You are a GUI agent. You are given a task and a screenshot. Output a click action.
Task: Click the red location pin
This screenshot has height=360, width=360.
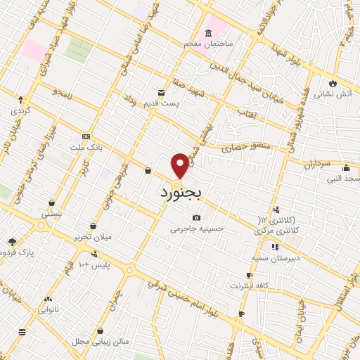[x=181, y=165]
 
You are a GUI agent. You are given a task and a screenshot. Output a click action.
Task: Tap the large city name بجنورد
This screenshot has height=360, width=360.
[x=181, y=191]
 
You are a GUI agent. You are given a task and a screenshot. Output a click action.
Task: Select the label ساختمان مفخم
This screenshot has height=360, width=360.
[x=208, y=44]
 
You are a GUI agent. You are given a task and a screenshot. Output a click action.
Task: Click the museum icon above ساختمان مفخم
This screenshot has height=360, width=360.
[x=208, y=33]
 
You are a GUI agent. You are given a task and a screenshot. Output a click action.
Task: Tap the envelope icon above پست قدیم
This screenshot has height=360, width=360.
[x=161, y=92]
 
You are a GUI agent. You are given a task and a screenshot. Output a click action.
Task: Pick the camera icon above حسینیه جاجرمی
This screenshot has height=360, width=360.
[x=196, y=217]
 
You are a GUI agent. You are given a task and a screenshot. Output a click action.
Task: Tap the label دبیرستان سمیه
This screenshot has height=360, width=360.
[x=276, y=258]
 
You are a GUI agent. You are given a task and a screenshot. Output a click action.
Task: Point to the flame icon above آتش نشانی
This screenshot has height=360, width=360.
[x=333, y=82]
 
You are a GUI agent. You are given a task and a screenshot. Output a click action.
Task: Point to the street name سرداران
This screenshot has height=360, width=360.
[x=316, y=164]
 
